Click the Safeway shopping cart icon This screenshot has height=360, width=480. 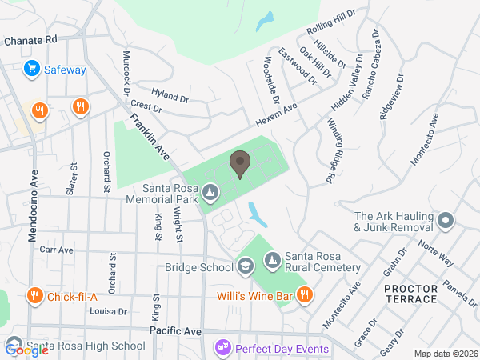(x=32, y=69)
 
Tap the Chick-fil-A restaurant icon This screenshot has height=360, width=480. (x=34, y=297)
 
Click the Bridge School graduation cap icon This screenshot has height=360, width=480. (x=246, y=265)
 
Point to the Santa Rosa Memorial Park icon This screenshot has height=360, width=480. (x=210, y=192)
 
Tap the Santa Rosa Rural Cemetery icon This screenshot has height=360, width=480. (x=273, y=260)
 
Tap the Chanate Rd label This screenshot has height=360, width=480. (x=30, y=39)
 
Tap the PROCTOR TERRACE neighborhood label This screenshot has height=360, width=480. (x=410, y=294)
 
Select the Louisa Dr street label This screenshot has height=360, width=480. (x=110, y=312)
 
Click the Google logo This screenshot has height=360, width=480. (x=27, y=349)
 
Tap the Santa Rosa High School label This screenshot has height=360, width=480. (x=86, y=346)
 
